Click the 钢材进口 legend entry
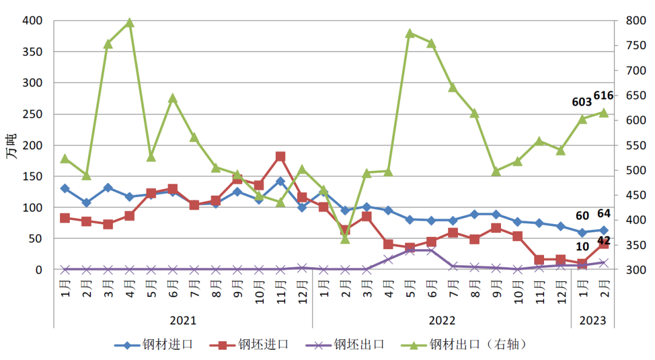pyautogui.click(x=154, y=344)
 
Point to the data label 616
pyautogui.click(x=603, y=96)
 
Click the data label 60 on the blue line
pyautogui.click(x=582, y=216)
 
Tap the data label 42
pyautogui.click(x=603, y=241)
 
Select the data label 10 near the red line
pyautogui.click(x=582, y=247)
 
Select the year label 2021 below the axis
pyautogui.click(x=183, y=320)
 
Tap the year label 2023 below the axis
pyautogui.click(x=593, y=320)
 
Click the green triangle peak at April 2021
pyautogui.click(x=129, y=23)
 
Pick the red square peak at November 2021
pyautogui.click(x=280, y=156)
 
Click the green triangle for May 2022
pyautogui.click(x=410, y=33)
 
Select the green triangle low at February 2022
pyautogui.click(x=345, y=239)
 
